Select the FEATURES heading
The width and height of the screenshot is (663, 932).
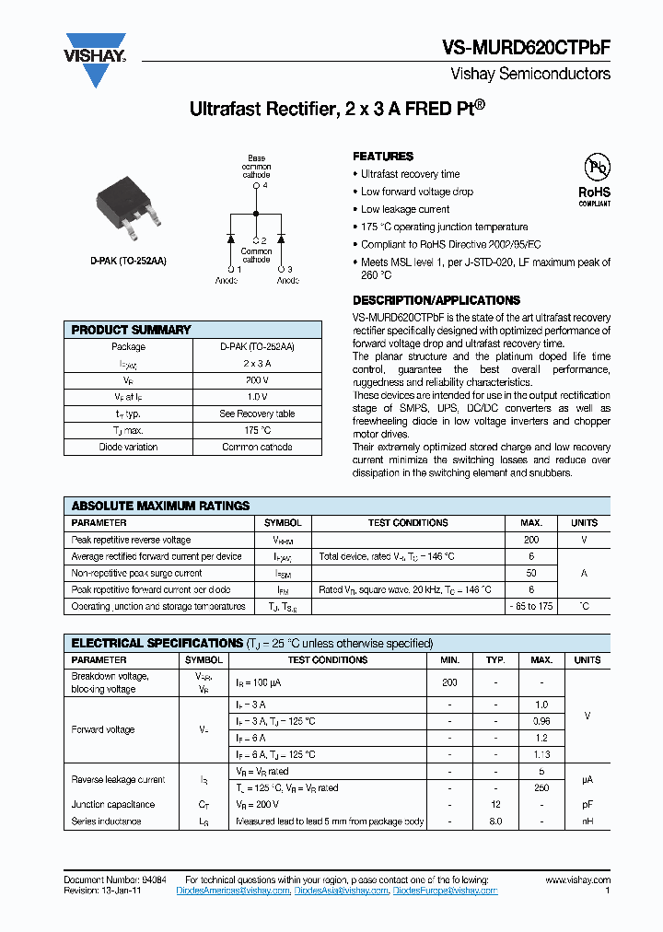click(x=383, y=157)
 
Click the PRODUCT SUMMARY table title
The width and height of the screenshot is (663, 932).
click(x=131, y=330)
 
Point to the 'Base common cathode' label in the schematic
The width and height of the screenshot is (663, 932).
click(x=256, y=167)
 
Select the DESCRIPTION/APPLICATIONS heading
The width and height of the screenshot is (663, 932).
click(x=436, y=300)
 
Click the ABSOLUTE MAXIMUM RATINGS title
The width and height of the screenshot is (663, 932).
click(x=160, y=506)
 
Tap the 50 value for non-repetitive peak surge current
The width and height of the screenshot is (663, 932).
click(x=531, y=573)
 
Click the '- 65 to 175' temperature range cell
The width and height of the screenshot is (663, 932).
click(x=531, y=606)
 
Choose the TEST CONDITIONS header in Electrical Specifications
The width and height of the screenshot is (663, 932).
click(x=327, y=659)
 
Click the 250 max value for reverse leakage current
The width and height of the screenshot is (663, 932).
click(x=541, y=787)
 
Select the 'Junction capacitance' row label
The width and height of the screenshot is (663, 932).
click(x=112, y=804)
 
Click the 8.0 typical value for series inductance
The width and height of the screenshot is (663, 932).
click(x=495, y=821)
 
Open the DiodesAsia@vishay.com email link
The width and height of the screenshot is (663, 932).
click(x=341, y=891)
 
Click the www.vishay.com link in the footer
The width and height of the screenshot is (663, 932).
click(x=576, y=880)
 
